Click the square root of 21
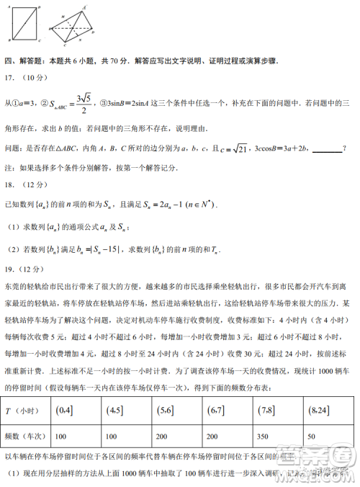click(238, 148)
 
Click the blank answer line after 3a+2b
click(327, 149)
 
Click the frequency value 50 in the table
click(310, 437)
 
